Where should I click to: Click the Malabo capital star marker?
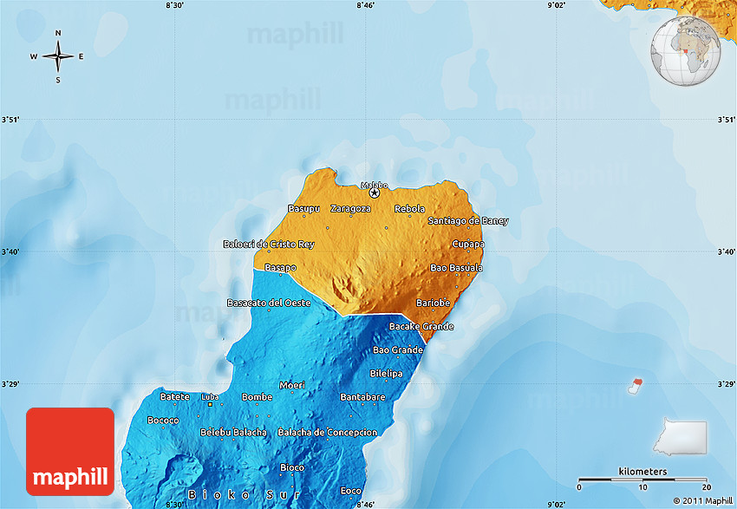[x=375, y=193]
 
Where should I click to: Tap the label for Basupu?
[x=304, y=209]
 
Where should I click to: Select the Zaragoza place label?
[x=350, y=209]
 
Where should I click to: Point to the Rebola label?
[x=409, y=209]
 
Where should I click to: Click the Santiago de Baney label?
[x=468, y=221]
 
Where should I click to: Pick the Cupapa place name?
[x=468, y=245]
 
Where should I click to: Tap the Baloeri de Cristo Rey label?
[x=268, y=245]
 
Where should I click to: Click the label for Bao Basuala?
[x=457, y=268]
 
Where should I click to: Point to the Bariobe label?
[x=433, y=303]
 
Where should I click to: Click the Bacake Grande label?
[x=421, y=326]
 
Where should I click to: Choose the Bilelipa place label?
[x=386, y=373]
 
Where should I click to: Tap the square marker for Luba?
[x=209, y=404]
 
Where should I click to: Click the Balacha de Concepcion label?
[x=328, y=432]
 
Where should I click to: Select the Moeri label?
[x=291, y=385]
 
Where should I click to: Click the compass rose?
[x=58, y=57]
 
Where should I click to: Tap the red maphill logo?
[x=70, y=451]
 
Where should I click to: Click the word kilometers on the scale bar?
[x=642, y=471]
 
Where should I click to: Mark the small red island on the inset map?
[x=638, y=382]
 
